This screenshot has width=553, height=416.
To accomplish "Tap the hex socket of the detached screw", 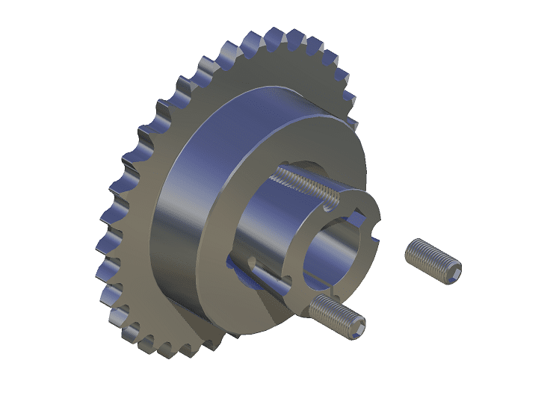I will (x=451, y=276).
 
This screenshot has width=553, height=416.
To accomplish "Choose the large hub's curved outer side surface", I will (x=179, y=217).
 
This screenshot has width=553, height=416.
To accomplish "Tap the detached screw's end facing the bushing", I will (x=413, y=249).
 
